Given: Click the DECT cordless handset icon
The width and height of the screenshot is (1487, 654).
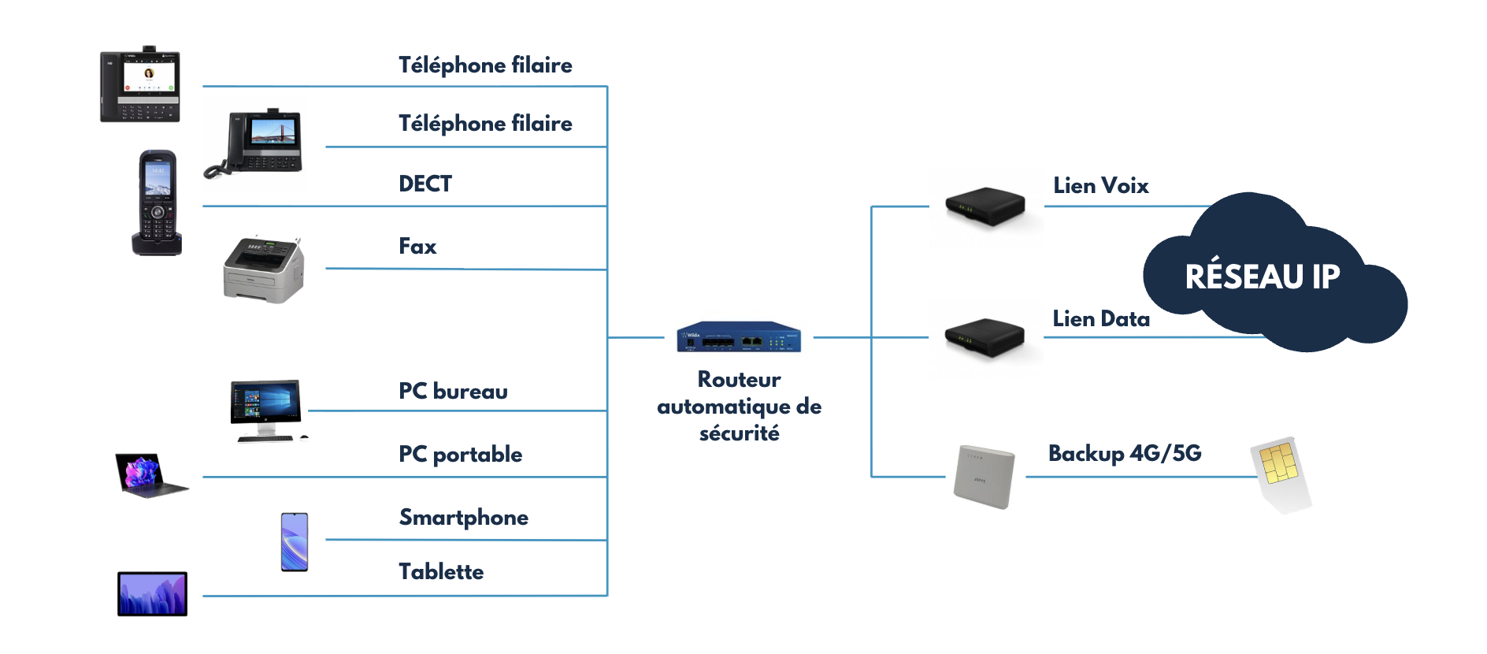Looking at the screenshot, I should point(158,203).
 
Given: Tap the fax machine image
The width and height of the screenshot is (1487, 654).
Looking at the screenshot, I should point(263,269).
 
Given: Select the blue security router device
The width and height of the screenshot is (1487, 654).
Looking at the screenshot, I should point(739,336).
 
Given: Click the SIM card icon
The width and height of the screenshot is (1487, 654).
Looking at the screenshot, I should point(1279,473).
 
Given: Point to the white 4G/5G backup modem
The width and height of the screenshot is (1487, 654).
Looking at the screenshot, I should point(983,477).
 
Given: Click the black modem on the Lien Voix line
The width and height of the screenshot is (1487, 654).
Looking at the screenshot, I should point(985,206).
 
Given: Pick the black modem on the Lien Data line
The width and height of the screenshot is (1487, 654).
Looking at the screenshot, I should point(985,337).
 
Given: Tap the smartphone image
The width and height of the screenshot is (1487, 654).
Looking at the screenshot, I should point(295,541).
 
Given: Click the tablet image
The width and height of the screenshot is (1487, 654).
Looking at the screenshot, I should point(152,593).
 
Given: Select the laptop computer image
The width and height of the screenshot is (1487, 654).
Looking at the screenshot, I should point(150,474).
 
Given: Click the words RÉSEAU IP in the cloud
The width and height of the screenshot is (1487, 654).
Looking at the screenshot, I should point(1262,277).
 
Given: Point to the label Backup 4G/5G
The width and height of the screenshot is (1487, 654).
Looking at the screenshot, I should point(1125,453).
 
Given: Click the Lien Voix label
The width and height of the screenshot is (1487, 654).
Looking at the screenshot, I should point(1100,186).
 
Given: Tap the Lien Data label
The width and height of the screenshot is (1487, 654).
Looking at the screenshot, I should point(1101,319).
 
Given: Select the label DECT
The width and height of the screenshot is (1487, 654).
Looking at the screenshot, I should point(425,184).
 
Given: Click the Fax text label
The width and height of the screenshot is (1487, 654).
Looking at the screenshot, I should point(417,247).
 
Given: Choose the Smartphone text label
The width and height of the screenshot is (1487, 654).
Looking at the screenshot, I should point(463,518).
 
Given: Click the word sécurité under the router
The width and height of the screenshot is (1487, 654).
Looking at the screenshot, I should point(739,433).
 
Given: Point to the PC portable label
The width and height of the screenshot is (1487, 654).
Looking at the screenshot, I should point(460,455).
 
